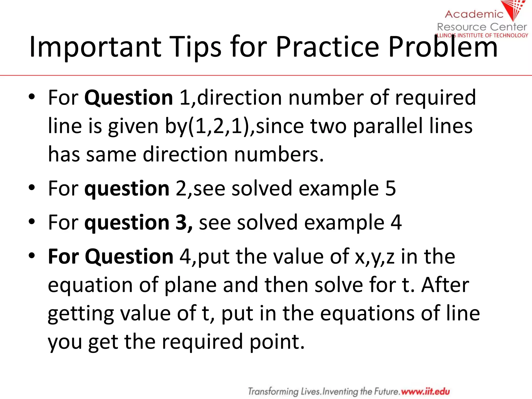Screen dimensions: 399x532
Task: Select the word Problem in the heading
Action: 443,47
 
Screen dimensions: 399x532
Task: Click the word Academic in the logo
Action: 474,14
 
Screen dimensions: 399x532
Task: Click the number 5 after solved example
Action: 390,188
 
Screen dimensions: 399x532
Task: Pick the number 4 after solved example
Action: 396,223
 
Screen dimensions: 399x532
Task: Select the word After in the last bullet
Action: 445,285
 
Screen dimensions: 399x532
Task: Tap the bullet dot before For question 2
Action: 32,188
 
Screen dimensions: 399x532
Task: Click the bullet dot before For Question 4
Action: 32,256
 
